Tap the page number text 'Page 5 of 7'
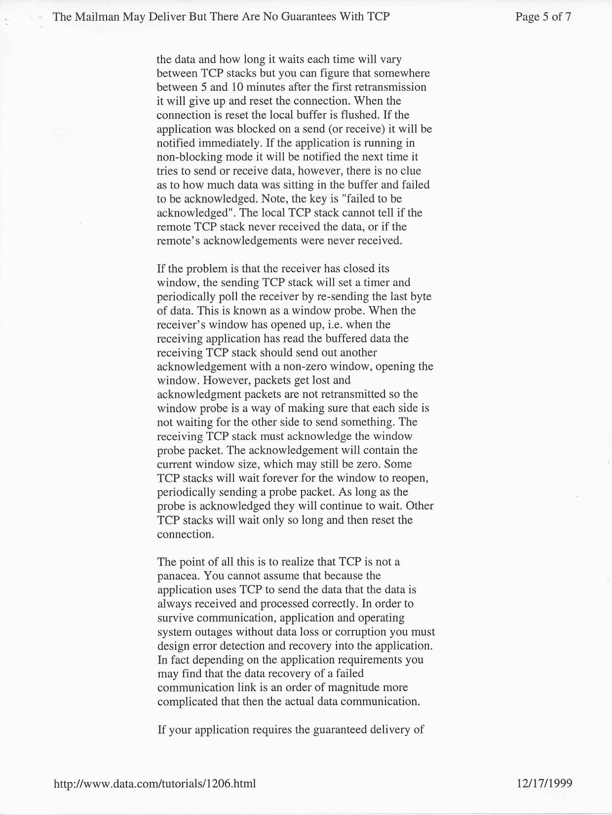coord(543,17)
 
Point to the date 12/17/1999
coord(544,783)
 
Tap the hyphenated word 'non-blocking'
coord(188,157)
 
